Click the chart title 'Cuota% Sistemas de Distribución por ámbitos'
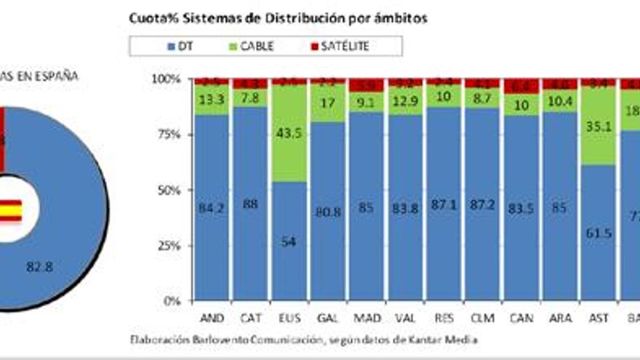click(x=278, y=19)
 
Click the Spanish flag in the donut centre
click(x=10, y=210)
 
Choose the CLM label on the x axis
click(x=481, y=319)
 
